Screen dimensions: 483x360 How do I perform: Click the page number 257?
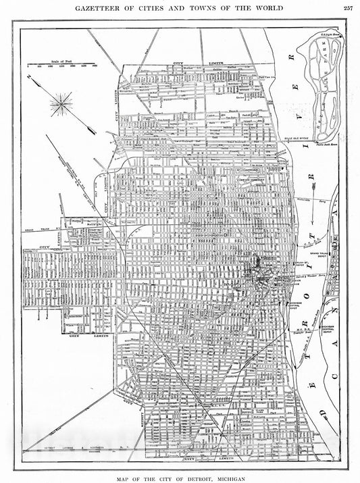[348, 7]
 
